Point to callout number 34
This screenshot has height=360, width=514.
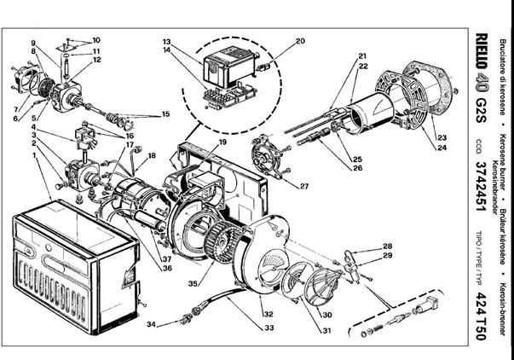[x=150, y=324]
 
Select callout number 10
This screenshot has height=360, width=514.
[x=96, y=40]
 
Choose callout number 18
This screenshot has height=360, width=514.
[x=153, y=155]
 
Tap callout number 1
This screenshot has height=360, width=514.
[x=35, y=157]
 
